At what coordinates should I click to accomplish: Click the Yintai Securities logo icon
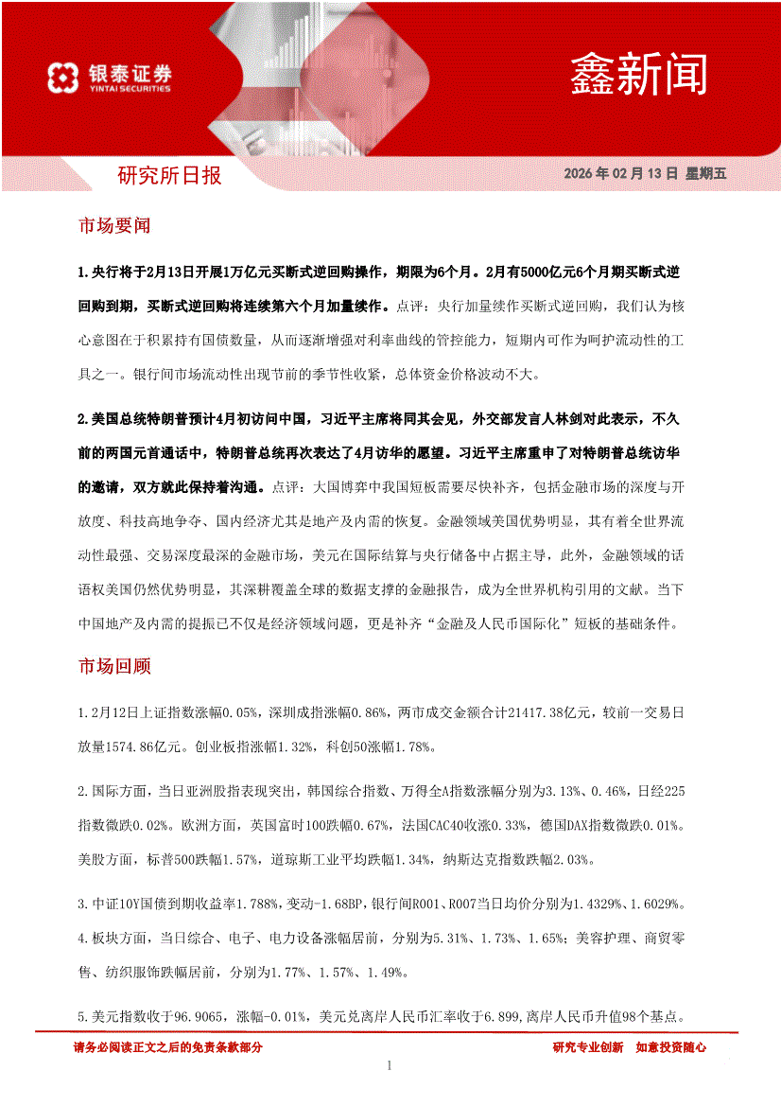(x=61, y=78)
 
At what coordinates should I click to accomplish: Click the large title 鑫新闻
(x=638, y=73)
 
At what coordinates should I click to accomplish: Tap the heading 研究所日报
(x=169, y=175)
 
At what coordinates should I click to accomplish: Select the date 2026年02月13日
(x=621, y=174)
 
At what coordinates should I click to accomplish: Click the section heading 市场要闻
(x=114, y=226)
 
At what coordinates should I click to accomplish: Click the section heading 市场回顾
(x=114, y=666)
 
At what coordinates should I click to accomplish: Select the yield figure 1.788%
(x=256, y=905)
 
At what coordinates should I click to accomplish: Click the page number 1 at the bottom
(x=390, y=1066)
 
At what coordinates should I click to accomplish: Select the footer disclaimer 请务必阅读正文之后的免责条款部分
(x=167, y=1047)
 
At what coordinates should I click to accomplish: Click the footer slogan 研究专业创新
(x=587, y=1047)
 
